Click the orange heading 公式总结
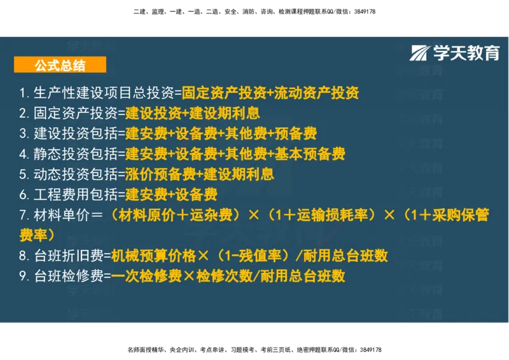point(60,64)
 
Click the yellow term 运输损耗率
point(334,215)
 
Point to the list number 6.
point(23,194)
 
